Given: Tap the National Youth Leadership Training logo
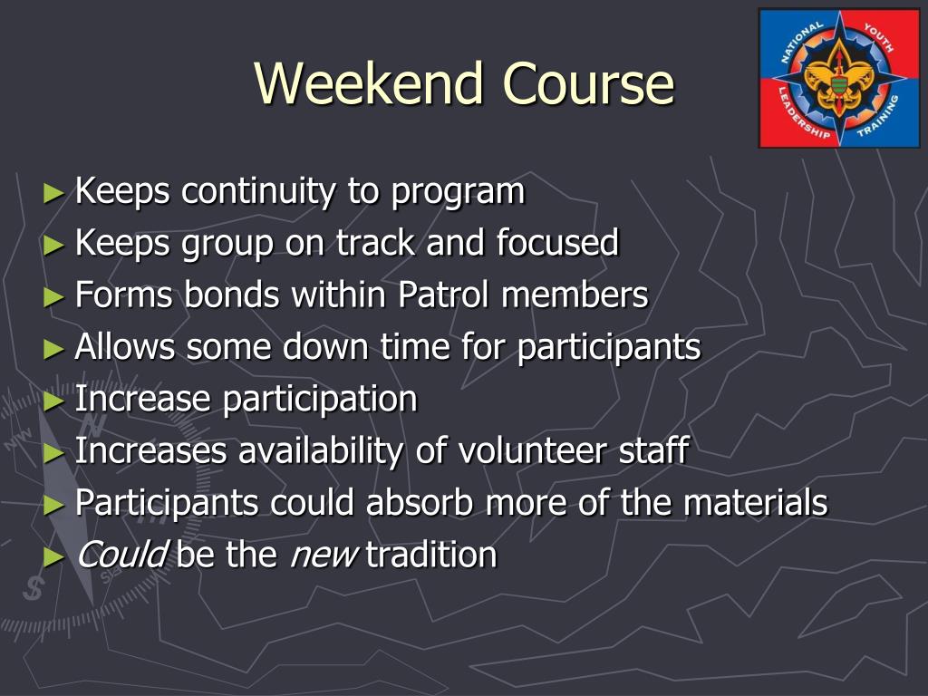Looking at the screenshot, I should coord(838,78).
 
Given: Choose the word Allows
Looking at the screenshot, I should coord(126,347).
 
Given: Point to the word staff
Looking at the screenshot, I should coord(659,450).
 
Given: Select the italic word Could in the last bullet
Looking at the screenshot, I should coord(121,554).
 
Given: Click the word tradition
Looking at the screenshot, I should coord(431,554).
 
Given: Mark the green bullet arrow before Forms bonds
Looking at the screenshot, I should coord(55,296).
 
